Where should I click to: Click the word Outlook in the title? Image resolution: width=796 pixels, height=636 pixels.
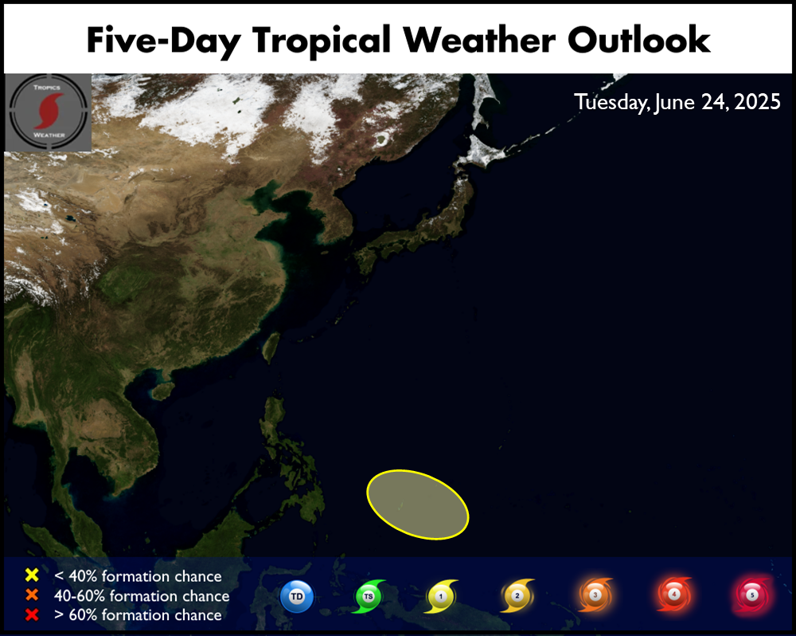(638, 40)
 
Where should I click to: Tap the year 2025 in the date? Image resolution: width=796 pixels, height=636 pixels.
(757, 102)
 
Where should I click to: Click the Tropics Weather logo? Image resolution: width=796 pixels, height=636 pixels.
(49, 112)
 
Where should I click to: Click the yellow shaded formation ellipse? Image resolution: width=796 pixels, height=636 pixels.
(417, 504)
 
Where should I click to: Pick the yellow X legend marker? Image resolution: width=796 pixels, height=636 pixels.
(32, 575)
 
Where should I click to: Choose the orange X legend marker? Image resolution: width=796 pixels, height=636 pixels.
(32, 595)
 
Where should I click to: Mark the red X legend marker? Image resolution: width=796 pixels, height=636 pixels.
(32, 614)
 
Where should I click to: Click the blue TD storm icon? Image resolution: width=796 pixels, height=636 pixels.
(296, 596)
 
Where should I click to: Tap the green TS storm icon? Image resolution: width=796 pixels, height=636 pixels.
(369, 596)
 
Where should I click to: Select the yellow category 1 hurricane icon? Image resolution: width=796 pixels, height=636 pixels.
(441, 596)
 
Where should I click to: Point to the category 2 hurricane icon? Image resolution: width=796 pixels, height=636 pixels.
(517, 595)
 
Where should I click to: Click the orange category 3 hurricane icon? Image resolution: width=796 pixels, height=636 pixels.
(595, 595)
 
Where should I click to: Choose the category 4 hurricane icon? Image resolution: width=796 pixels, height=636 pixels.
(674, 594)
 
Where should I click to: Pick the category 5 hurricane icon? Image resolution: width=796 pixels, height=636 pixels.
(752, 595)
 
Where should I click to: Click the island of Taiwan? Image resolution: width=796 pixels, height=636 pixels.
(271, 347)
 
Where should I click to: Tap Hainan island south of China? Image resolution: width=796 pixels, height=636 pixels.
(161, 391)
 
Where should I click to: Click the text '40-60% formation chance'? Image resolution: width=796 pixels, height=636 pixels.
(142, 595)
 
